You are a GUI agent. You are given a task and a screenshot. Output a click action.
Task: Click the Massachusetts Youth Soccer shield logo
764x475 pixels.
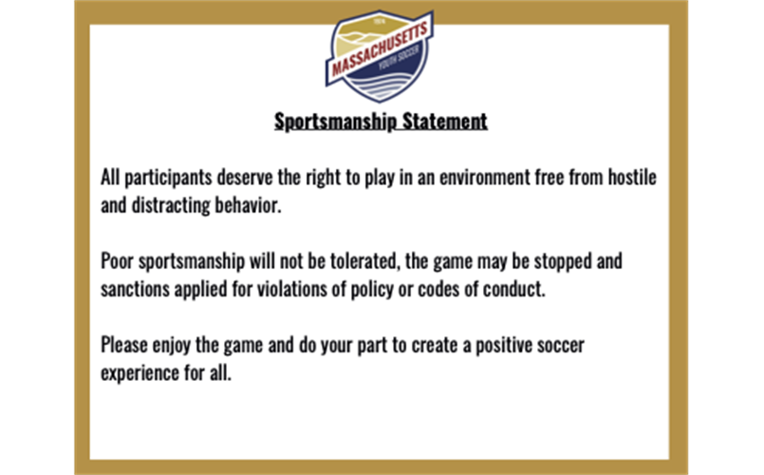tap(379, 56)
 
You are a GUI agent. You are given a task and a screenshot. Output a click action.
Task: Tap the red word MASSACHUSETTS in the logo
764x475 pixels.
tap(380, 48)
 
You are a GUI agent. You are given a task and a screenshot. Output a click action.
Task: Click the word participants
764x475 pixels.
tap(168, 178)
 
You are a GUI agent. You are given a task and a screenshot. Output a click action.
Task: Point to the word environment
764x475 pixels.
tap(484, 178)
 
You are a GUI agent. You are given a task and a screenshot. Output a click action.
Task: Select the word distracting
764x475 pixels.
tap(171, 205)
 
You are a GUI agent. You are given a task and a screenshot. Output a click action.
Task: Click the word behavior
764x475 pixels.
tap(248, 205)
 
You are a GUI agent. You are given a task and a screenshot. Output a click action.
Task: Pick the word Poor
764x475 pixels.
tap(117, 261)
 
